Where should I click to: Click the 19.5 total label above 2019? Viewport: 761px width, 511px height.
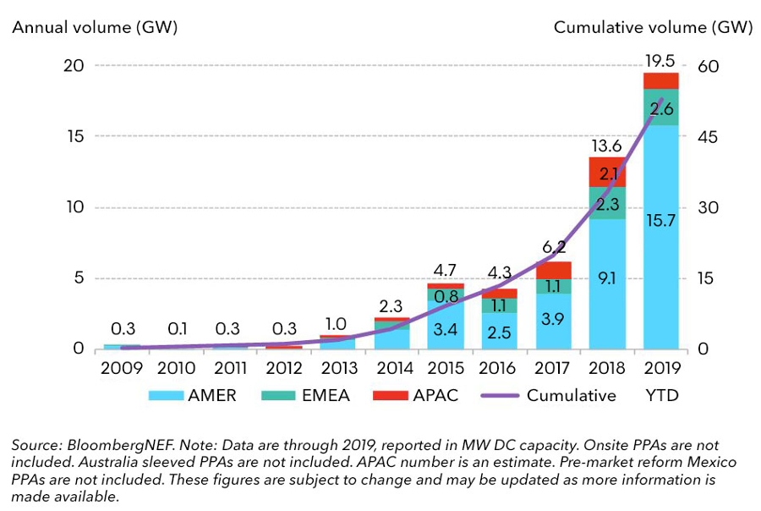pos(660,61)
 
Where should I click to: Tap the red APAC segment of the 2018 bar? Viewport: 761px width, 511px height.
pos(606,172)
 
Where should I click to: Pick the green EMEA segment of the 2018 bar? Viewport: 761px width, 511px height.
pos(606,203)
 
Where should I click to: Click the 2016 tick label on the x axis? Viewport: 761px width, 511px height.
pos(499,368)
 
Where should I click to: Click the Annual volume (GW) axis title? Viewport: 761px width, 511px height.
pos(93,28)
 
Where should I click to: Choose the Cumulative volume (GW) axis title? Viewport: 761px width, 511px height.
pos(652,28)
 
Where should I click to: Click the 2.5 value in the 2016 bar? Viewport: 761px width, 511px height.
pos(499,332)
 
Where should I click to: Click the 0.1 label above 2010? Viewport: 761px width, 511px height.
pos(178,328)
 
